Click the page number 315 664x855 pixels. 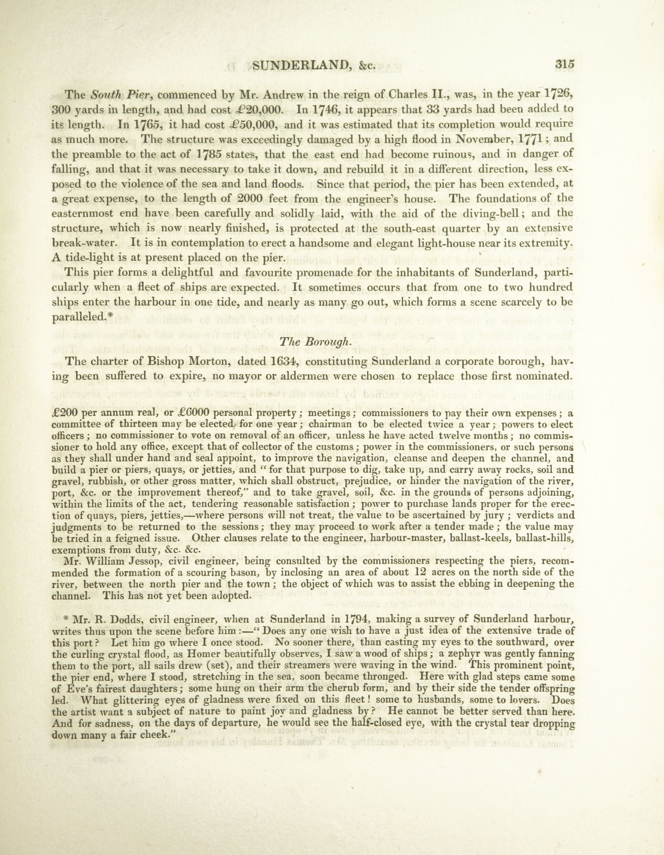click(x=564, y=64)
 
